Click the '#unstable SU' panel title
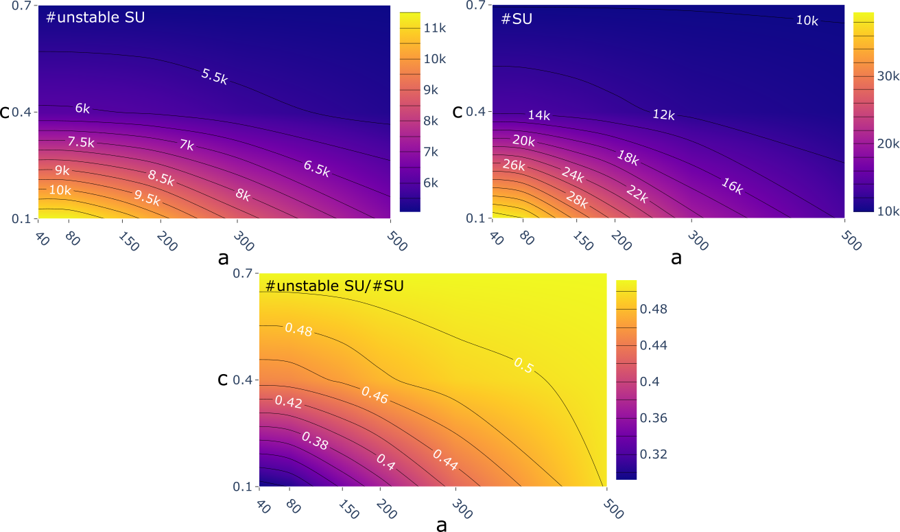coord(95,18)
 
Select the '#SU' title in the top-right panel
coord(517,19)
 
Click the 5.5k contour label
coord(215,76)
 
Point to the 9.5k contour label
coord(146,200)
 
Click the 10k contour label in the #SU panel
coord(807,21)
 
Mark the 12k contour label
coord(663,115)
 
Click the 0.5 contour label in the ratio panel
coord(523,366)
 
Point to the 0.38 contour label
coord(315,443)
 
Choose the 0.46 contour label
coord(375,395)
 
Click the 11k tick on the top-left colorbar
coord(434,28)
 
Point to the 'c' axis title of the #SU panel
coord(458,111)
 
